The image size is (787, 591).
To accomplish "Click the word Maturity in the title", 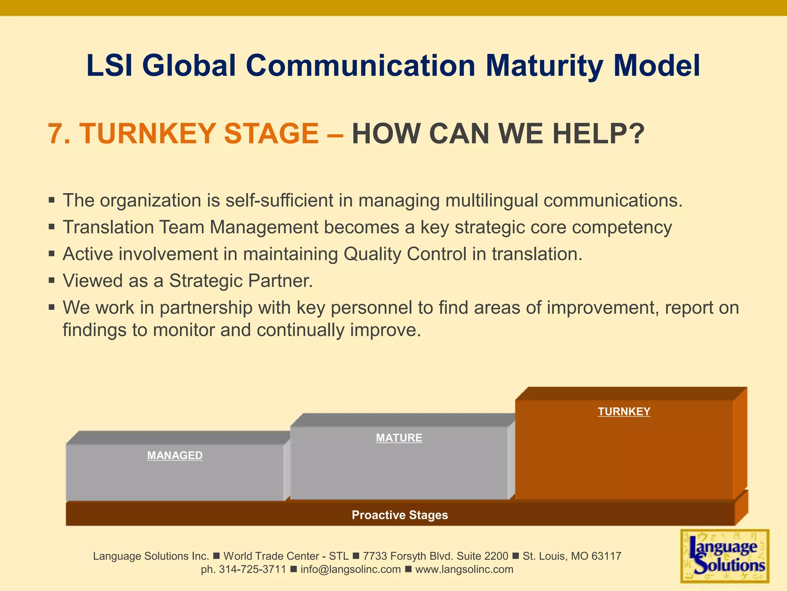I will tap(544, 66).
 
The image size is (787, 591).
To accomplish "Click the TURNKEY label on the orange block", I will tap(624, 411).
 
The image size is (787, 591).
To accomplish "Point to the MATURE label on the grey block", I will tap(399, 438).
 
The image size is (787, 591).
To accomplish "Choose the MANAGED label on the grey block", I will tap(175, 456).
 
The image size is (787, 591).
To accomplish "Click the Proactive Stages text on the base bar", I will tap(400, 515).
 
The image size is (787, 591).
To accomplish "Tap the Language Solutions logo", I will tap(724, 556).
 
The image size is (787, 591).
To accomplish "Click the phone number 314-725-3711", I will tap(252, 569).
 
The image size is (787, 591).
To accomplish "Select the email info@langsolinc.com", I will tap(350, 569).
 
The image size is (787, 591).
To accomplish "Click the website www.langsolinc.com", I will tap(464, 569).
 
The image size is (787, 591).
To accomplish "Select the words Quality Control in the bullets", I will tap(405, 254).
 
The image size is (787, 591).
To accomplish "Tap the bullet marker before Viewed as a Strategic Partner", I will tap(52, 280).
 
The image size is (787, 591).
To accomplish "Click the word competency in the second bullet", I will tap(622, 227).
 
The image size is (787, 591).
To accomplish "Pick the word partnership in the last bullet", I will tap(206, 308).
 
